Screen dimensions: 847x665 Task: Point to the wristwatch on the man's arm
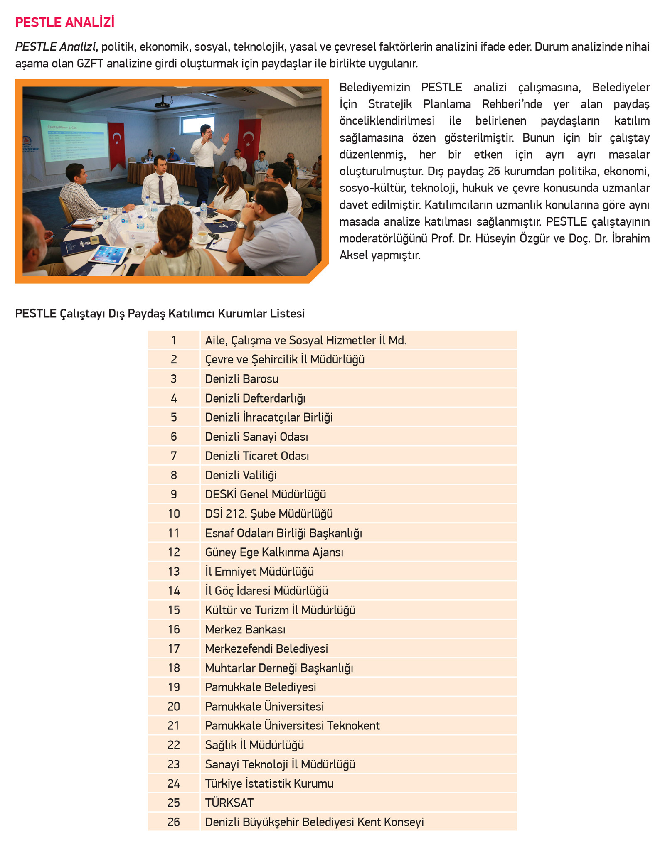point(240,226)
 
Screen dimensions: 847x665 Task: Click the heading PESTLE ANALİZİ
point(64,22)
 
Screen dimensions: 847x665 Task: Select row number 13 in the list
point(174,571)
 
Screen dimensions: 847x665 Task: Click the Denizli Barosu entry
point(241,379)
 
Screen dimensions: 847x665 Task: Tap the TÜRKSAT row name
point(229,803)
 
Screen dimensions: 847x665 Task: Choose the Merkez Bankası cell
point(245,629)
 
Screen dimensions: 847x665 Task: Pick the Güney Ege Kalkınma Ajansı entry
point(274,552)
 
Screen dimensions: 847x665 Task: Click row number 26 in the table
point(174,822)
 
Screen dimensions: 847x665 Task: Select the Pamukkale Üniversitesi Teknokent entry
point(292,725)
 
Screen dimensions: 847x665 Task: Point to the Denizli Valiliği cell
point(241,475)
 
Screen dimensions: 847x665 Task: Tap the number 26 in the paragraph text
point(494,171)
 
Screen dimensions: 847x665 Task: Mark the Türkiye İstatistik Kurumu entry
point(269,783)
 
